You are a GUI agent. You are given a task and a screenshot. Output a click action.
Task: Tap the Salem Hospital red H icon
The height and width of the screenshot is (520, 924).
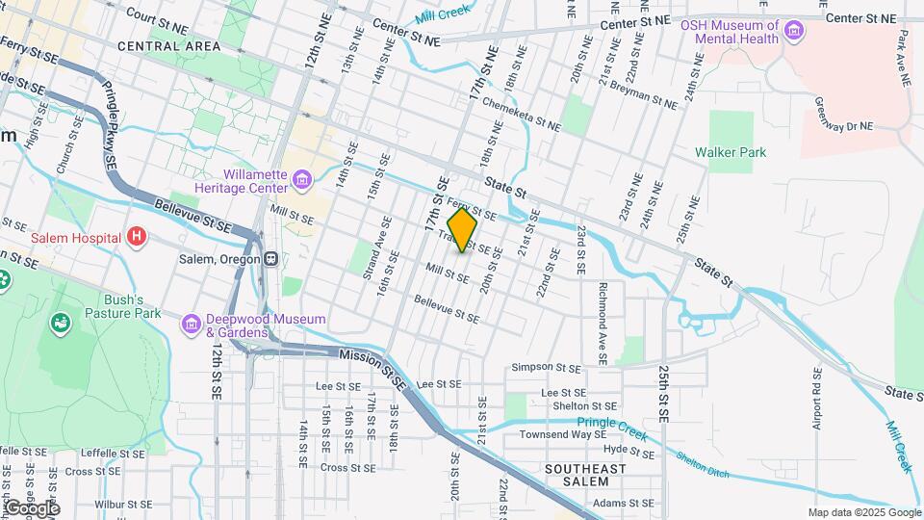[137, 237]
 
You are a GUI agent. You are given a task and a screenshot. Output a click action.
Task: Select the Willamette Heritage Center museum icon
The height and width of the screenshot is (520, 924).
[302, 179]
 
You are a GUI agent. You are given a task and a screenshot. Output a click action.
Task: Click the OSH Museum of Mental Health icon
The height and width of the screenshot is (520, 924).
[793, 34]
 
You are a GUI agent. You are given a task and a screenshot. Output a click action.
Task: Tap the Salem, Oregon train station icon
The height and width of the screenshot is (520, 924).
[271, 258]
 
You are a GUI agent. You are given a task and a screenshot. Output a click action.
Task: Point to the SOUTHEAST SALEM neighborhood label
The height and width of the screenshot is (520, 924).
[584, 475]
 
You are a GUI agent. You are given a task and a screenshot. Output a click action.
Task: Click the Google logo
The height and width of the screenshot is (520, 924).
[32, 508]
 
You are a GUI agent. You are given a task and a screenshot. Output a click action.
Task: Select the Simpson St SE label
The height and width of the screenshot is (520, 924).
[546, 368]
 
